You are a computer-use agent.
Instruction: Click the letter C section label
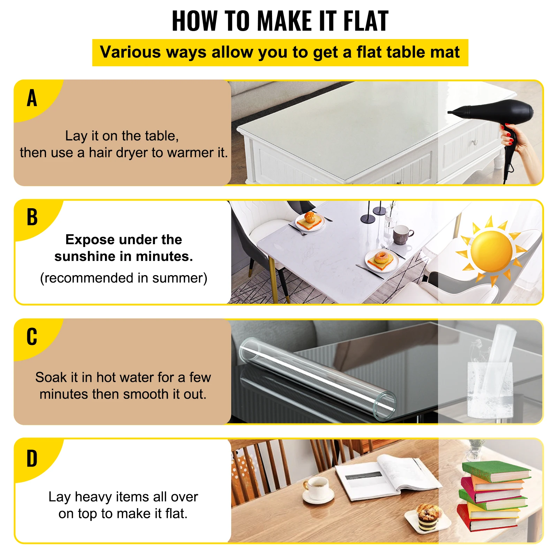[32, 337]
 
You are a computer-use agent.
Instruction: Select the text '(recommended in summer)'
[123, 278]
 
